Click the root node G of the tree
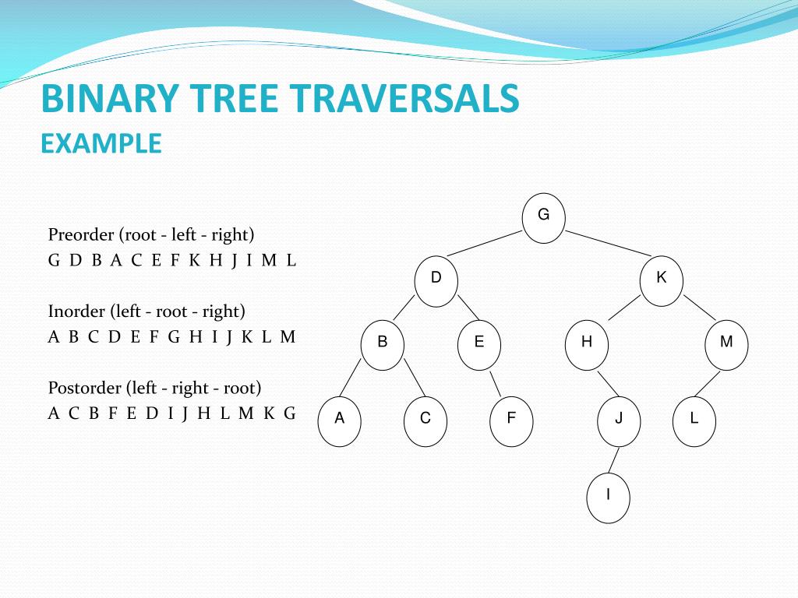click(543, 216)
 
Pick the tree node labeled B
click(383, 343)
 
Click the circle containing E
click(478, 343)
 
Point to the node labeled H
click(586, 343)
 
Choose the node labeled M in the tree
click(726, 343)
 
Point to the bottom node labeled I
click(608, 495)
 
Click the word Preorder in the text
click(81, 235)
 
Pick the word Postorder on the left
click(84, 388)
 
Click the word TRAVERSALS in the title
click(405, 100)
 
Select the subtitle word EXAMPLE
click(101, 143)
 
